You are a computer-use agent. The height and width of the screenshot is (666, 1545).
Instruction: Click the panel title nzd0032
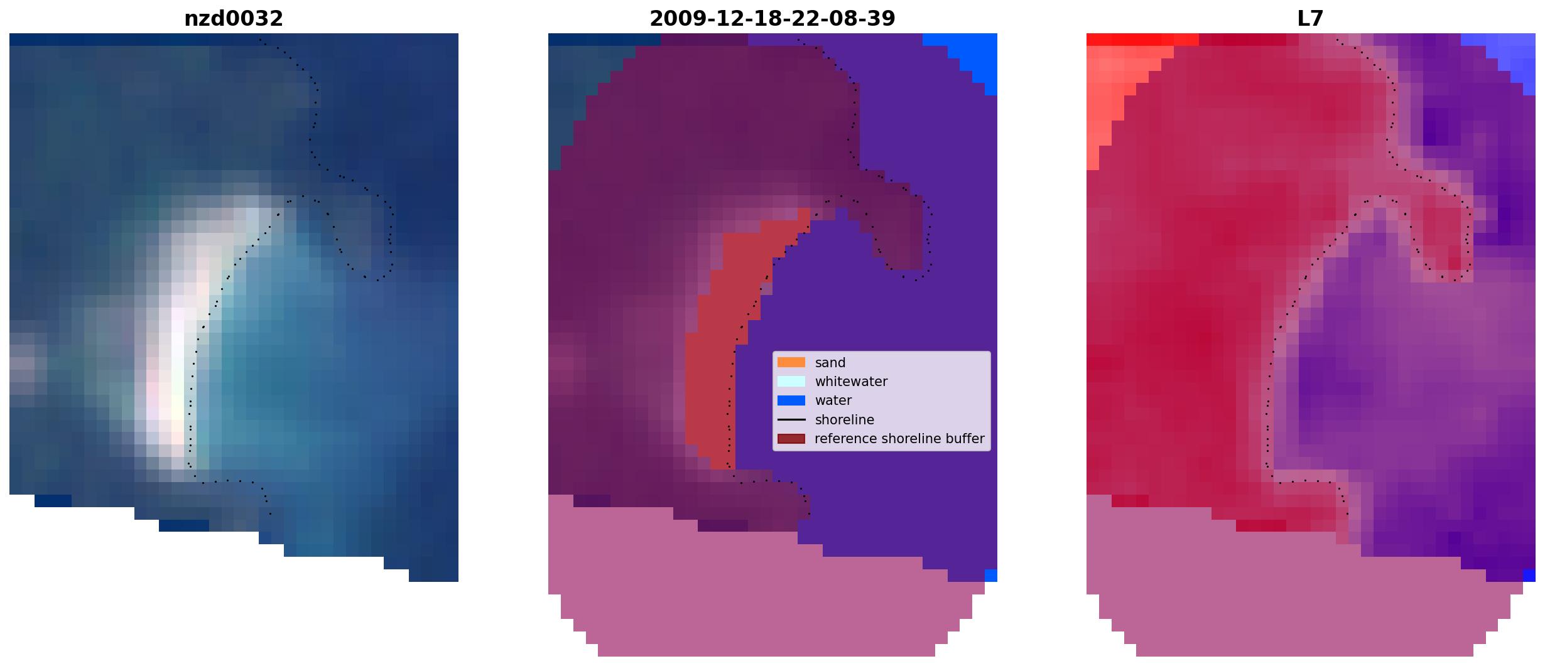234,19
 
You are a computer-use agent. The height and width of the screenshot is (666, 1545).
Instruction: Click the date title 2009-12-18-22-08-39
772,19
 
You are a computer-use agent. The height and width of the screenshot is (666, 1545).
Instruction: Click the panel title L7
1311,19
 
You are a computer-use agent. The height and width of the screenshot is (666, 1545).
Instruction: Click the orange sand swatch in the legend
791,362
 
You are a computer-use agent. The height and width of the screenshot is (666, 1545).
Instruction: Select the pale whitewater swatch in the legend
791,381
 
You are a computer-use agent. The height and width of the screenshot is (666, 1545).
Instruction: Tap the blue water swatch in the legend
791,400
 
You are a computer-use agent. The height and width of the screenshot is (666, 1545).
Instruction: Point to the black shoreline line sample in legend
791,419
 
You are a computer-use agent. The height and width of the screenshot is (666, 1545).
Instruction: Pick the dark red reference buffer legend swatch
791,439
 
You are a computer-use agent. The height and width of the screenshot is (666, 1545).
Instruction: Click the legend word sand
830,363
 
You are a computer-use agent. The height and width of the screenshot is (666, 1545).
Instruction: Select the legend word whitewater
851,382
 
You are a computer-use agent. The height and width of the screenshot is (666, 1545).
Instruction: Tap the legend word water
833,400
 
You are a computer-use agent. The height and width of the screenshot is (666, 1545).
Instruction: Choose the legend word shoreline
845,420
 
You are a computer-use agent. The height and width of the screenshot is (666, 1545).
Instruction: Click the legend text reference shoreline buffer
899,439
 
